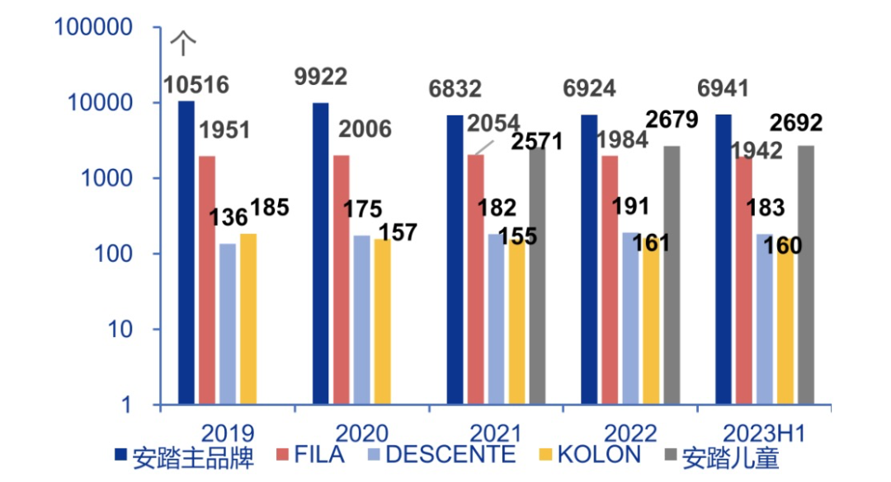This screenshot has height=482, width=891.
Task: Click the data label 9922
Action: coord(321,77)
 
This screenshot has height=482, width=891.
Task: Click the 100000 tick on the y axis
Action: coord(93,27)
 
